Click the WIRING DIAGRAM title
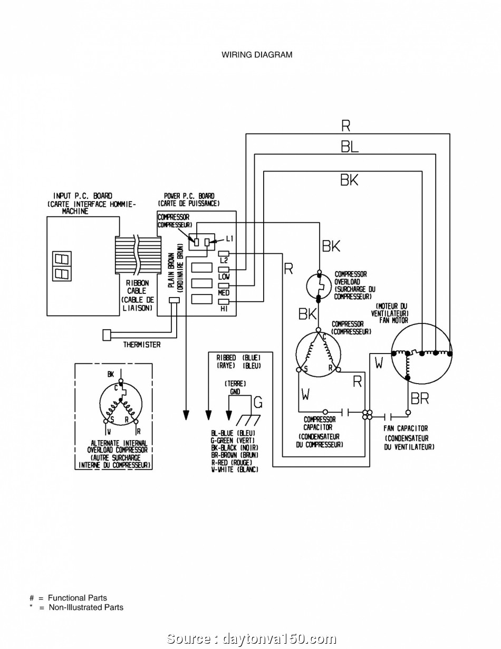click(257, 55)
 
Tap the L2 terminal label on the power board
click(224, 261)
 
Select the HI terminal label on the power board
click(224, 309)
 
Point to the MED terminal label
click(224, 292)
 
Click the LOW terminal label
click(224, 276)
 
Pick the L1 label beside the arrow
click(229, 238)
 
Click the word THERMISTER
click(142, 345)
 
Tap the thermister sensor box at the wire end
click(107, 335)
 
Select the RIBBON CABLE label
click(137, 287)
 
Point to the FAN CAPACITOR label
click(406, 428)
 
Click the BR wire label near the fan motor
click(420, 398)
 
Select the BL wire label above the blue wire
click(350, 147)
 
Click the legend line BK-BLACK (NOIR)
click(235, 447)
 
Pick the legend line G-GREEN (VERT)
click(233, 440)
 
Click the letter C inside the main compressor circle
click(324, 337)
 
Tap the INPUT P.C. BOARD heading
click(83, 196)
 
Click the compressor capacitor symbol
click(346, 413)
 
